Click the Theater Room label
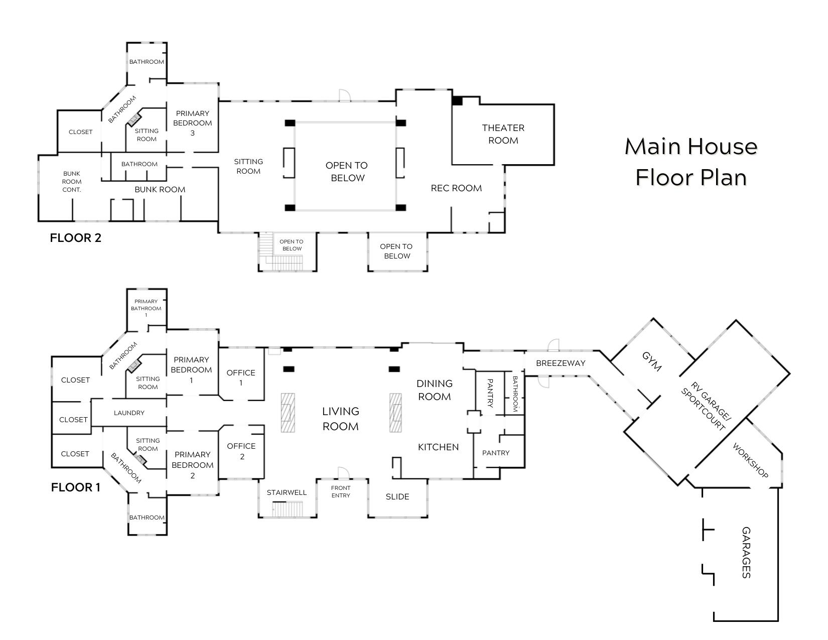click(503, 134)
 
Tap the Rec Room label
click(456, 188)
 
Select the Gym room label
click(652, 361)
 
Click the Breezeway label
click(561, 363)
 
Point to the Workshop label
click(750, 460)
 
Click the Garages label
click(746, 552)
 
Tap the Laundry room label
click(129, 413)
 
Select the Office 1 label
click(241, 377)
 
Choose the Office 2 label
click(241, 451)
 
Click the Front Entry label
click(341, 491)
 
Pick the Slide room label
click(397, 496)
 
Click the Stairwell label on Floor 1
click(287, 492)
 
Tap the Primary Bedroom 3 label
click(192, 123)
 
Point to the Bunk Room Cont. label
click(72, 181)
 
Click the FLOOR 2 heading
click(75, 238)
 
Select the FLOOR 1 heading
click(76, 487)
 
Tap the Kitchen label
click(438, 447)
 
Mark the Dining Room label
click(434, 390)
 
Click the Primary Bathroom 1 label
click(146, 308)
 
